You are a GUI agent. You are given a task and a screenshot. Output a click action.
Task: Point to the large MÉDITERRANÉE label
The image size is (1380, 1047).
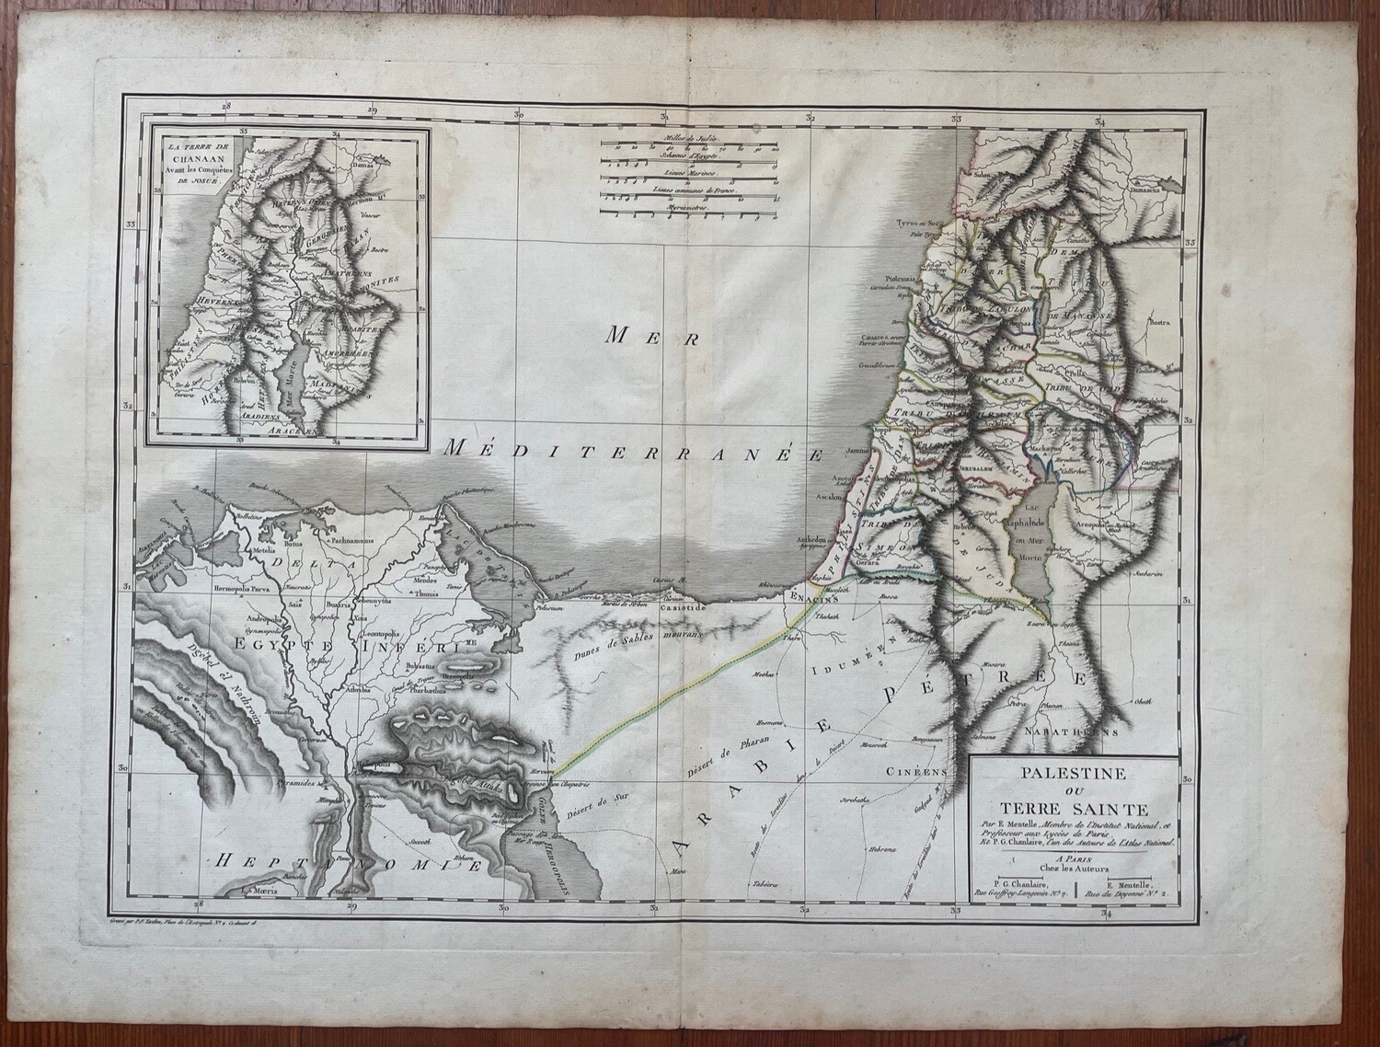point(635,451)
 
